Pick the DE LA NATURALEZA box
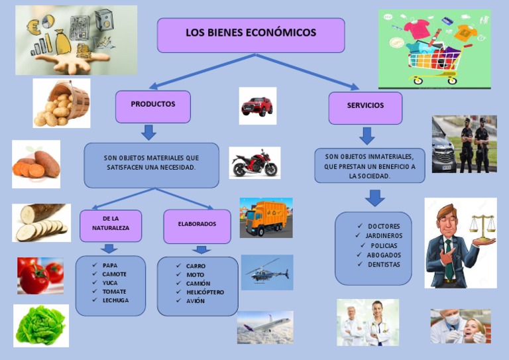[111, 225]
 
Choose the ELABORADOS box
[197, 225]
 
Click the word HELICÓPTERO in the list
[205, 292]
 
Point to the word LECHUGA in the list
[115, 300]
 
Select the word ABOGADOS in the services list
[384, 255]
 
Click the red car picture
[257, 105]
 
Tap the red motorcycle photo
[254, 163]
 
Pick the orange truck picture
[266, 218]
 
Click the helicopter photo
[266, 272]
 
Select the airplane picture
[264, 328]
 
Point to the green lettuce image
[41, 325]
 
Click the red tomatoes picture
[40, 276]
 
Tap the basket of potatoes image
[62, 103]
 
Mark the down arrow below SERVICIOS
[367, 136]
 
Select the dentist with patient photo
[460, 326]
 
